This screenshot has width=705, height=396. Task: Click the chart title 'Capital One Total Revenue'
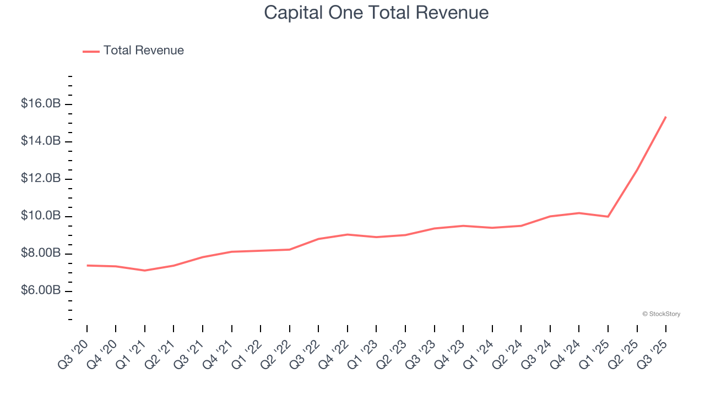(376, 13)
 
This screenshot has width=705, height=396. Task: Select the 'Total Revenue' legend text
(143, 51)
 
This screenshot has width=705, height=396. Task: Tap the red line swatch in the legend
(91, 51)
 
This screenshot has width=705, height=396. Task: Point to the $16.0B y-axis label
(41, 104)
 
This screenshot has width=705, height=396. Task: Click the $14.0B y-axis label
(41, 141)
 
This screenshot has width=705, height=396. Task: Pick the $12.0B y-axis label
(41, 179)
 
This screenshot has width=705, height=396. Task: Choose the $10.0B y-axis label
(41, 216)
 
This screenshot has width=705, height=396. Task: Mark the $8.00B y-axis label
(41, 254)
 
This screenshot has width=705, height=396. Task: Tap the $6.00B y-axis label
(41, 291)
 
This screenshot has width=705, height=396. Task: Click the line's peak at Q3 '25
(666, 117)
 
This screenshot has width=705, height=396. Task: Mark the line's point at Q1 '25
(608, 217)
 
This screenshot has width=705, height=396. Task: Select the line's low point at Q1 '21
(145, 271)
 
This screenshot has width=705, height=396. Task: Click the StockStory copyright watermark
(661, 314)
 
